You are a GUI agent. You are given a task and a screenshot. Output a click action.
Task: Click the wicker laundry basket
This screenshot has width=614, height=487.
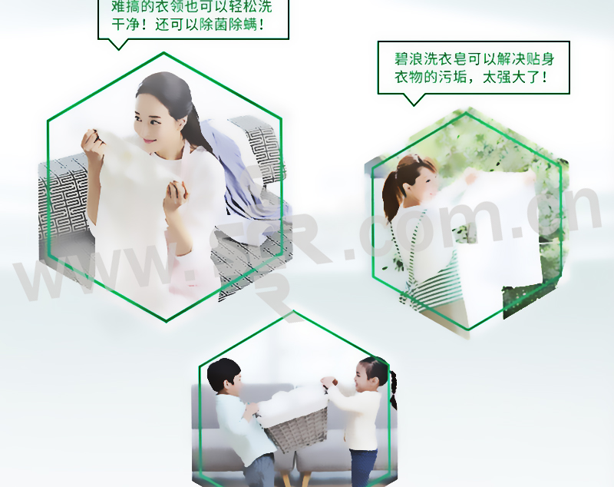[297, 428]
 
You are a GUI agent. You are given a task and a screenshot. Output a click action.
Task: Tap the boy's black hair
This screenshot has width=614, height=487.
[223, 373]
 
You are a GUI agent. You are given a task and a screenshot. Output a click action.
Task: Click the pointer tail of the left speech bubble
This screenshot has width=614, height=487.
[118, 45]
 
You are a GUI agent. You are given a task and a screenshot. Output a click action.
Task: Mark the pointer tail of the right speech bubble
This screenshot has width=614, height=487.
[414, 100]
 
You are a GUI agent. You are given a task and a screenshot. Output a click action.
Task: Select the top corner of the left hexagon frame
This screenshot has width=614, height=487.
[163, 52]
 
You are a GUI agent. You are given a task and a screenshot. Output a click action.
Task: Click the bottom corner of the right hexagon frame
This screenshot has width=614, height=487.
[469, 329]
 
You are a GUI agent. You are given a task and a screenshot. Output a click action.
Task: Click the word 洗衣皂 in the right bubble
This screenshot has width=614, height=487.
[446, 59]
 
